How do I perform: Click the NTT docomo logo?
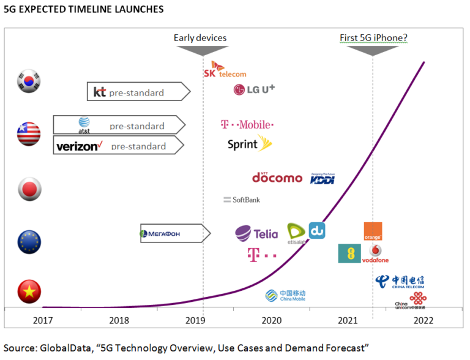pyautogui.click(x=277, y=178)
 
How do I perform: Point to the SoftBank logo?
pyautogui.click(x=242, y=200)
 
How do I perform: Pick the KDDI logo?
pyautogui.click(x=323, y=178)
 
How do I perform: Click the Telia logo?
pyautogui.click(x=256, y=233)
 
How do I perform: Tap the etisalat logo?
pyautogui.click(x=296, y=233)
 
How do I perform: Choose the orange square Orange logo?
pyautogui.click(x=373, y=231)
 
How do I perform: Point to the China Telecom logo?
pyautogui.click(x=400, y=281)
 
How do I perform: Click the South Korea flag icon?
pyautogui.click(x=29, y=81)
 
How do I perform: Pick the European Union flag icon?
pyautogui.click(x=29, y=242)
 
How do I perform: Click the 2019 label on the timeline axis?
pyautogui.click(x=195, y=320)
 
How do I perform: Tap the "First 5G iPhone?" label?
pyautogui.click(x=373, y=38)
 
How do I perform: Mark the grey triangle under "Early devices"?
pyautogui.click(x=203, y=50)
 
